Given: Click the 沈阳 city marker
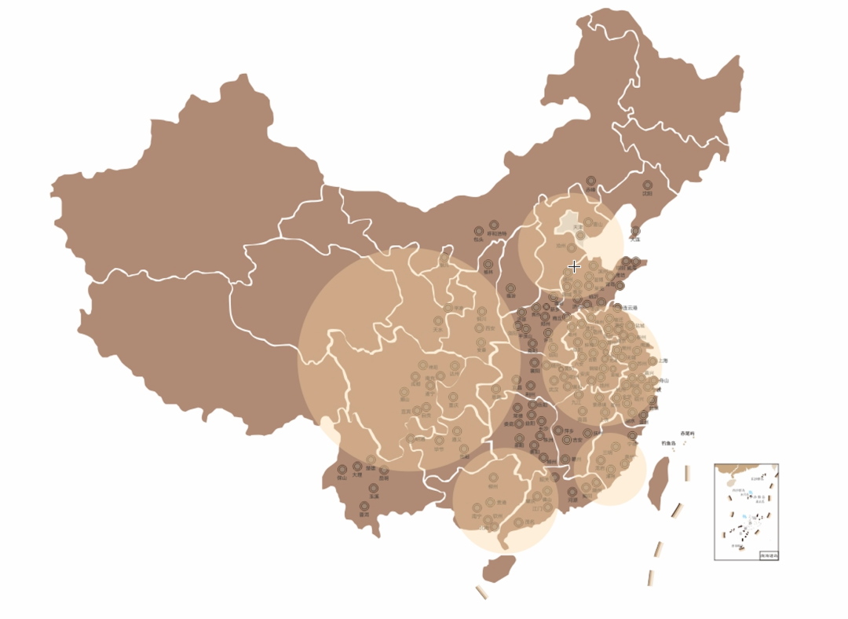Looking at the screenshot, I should (x=647, y=185).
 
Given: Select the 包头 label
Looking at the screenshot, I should (x=479, y=239).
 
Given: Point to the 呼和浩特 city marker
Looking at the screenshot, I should (x=495, y=225).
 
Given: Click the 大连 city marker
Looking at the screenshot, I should (x=634, y=231).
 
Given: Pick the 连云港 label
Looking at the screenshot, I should (x=630, y=307).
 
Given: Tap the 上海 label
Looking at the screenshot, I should (x=663, y=361).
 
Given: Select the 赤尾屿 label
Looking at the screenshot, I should (x=688, y=434).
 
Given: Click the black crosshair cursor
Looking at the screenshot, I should (x=574, y=267).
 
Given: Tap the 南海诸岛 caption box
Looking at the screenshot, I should (x=768, y=555).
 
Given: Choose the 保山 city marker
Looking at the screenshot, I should (x=342, y=469).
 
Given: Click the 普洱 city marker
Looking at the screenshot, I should (x=364, y=507).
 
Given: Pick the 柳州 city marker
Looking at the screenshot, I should (x=493, y=477).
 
